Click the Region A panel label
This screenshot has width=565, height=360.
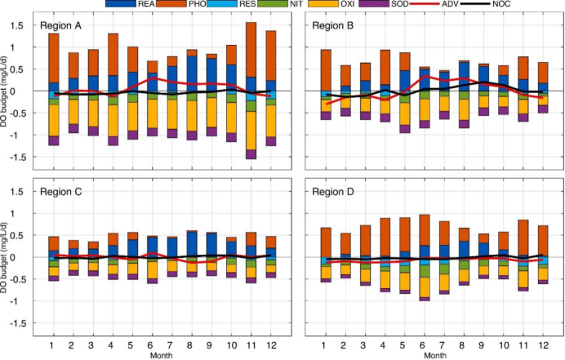(61, 25)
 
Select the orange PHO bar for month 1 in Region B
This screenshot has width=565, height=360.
(326, 69)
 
